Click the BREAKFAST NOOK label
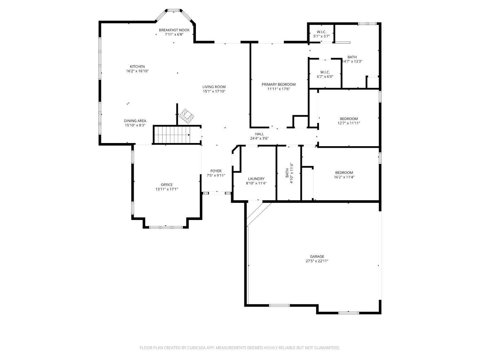point(174,30)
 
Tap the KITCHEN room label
point(137,67)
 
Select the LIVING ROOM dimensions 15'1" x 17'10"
point(214,92)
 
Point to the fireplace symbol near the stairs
point(186,116)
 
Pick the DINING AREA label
point(135,121)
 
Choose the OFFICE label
point(167,185)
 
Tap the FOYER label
point(216,171)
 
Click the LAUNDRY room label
point(256,179)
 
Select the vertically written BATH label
point(287,173)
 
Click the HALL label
point(259,134)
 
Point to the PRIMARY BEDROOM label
point(279,84)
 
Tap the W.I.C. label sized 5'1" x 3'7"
point(322,32)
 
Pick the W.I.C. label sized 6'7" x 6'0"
point(325,72)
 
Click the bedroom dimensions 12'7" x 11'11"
point(349,123)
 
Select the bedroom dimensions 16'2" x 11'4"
point(344,177)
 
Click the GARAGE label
point(317,256)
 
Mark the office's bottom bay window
point(166,227)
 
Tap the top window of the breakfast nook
point(174,10)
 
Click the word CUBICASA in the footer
point(196,348)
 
